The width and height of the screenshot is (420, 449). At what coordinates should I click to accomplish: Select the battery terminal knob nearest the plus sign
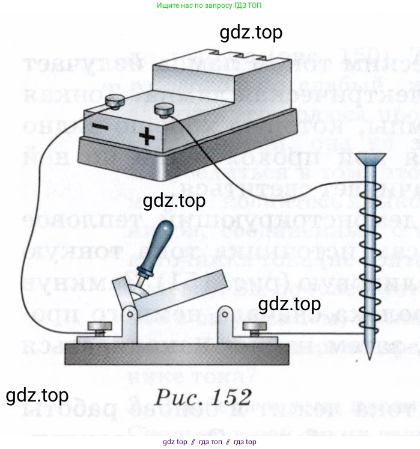[x=163, y=110]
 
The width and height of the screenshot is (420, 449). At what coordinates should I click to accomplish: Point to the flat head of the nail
[x=368, y=159]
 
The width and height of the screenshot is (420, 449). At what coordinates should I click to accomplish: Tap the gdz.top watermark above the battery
[x=251, y=32]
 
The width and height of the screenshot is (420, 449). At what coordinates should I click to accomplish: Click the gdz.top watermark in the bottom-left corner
[x=37, y=396]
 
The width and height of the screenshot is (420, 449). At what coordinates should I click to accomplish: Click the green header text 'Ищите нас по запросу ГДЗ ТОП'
[x=209, y=5]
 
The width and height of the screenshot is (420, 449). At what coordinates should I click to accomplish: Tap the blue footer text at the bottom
[x=209, y=442]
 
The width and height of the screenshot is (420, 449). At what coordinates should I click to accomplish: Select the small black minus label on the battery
[x=99, y=127]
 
